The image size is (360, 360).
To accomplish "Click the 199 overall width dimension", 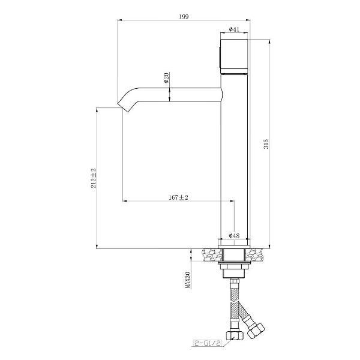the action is tap(184, 17).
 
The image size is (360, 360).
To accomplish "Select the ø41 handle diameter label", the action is tap(234, 29).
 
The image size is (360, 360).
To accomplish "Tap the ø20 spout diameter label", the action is tap(166, 77).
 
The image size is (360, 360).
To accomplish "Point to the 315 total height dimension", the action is tap(266, 144).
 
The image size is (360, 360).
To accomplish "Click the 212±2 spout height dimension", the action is tap(94, 178).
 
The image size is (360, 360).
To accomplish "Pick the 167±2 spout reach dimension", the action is tap(178, 197).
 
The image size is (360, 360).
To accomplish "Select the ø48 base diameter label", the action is tap(234, 236).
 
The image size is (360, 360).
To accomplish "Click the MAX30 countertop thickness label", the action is tap(188, 280).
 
